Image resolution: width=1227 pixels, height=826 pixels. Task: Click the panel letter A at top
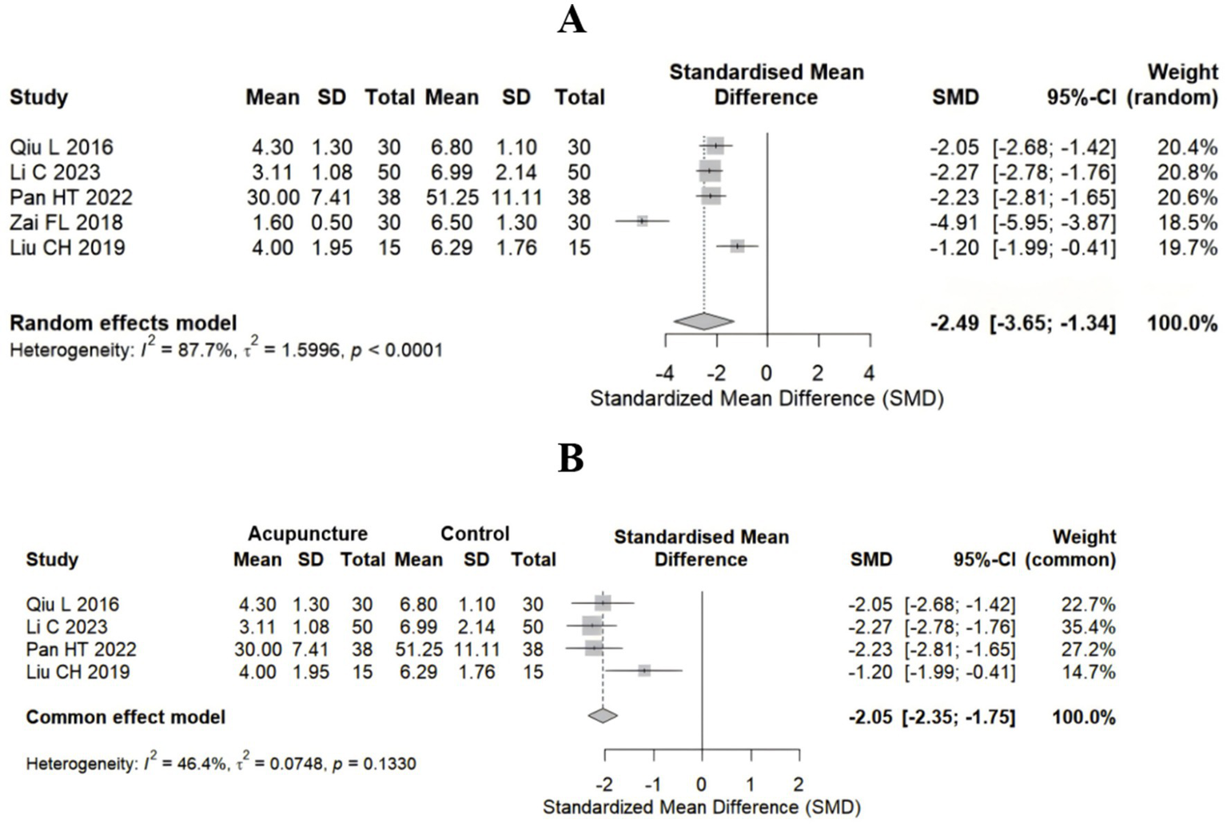(572, 20)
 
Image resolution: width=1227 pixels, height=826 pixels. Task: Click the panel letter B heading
(571, 459)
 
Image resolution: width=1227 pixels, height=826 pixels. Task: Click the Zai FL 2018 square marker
(642, 221)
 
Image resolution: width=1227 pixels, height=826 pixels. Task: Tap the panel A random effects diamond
(703, 321)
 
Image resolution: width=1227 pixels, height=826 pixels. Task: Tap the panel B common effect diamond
(603, 716)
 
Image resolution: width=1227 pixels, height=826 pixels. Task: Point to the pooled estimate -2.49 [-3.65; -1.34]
(1022, 324)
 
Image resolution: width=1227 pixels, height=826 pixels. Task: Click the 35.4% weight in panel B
(1088, 627)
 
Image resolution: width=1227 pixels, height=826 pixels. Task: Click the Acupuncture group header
(307, 534)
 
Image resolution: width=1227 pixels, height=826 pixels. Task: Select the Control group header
(475, 534)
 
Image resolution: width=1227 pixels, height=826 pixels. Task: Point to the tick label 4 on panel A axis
(869, 373)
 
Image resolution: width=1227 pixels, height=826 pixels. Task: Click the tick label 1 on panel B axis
(750, 784)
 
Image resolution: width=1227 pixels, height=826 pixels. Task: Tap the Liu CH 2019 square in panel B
(644, 671)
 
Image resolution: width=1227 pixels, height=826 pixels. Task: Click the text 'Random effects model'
(123, 324)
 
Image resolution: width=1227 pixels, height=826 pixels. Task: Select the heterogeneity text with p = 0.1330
(221, 764)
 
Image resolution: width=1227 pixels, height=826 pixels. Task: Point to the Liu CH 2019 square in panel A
(737, 247)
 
